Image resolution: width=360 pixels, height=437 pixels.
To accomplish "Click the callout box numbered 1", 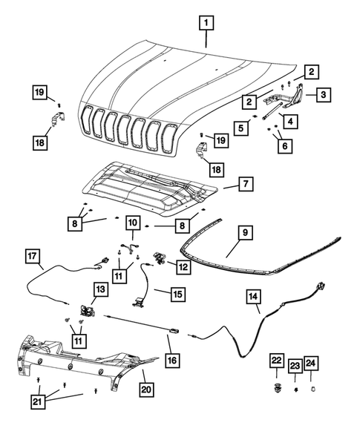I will point(206,22).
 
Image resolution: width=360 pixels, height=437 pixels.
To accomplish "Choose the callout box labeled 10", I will point(133,223).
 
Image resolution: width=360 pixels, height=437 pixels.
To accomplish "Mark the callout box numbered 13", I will point(99,288).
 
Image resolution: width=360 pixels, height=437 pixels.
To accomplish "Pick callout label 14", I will point(254,298).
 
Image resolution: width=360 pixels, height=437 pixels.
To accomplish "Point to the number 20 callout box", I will point(145,388).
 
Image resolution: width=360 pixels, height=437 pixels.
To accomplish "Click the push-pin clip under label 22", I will point(276,388).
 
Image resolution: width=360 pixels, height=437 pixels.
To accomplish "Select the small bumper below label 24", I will point(313,387).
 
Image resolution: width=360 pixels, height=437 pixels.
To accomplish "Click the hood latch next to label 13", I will point(87,312).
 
